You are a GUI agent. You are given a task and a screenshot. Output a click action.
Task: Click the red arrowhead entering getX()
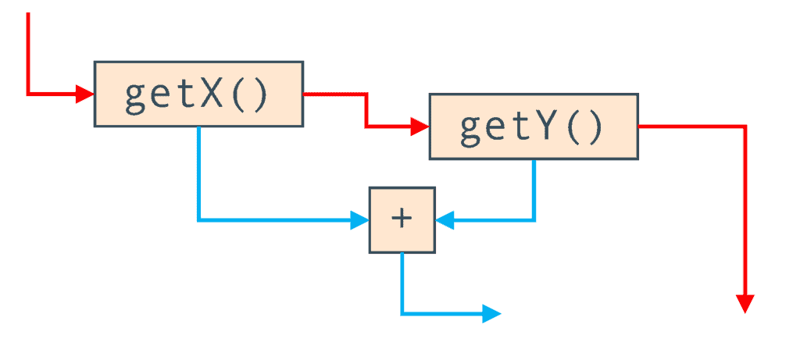tap(84, 94)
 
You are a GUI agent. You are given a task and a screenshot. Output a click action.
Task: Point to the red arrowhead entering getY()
tap(420, 127)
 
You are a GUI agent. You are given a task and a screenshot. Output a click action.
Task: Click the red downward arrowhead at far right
tap(745, 304)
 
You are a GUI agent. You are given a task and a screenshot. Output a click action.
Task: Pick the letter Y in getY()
tap(545, 128)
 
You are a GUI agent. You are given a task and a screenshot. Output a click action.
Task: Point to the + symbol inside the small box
tap(401, 219)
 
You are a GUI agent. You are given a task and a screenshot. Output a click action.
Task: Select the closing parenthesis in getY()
tap(595, 128)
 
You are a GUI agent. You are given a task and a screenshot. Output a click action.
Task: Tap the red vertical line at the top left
tap(27, 51)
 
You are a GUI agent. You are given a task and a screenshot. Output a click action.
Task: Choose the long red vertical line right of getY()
tap(745, 211)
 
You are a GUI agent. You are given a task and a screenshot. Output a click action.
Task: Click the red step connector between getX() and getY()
tap(366, 110)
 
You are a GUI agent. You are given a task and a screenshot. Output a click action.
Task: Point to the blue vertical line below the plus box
tap(402, 281)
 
